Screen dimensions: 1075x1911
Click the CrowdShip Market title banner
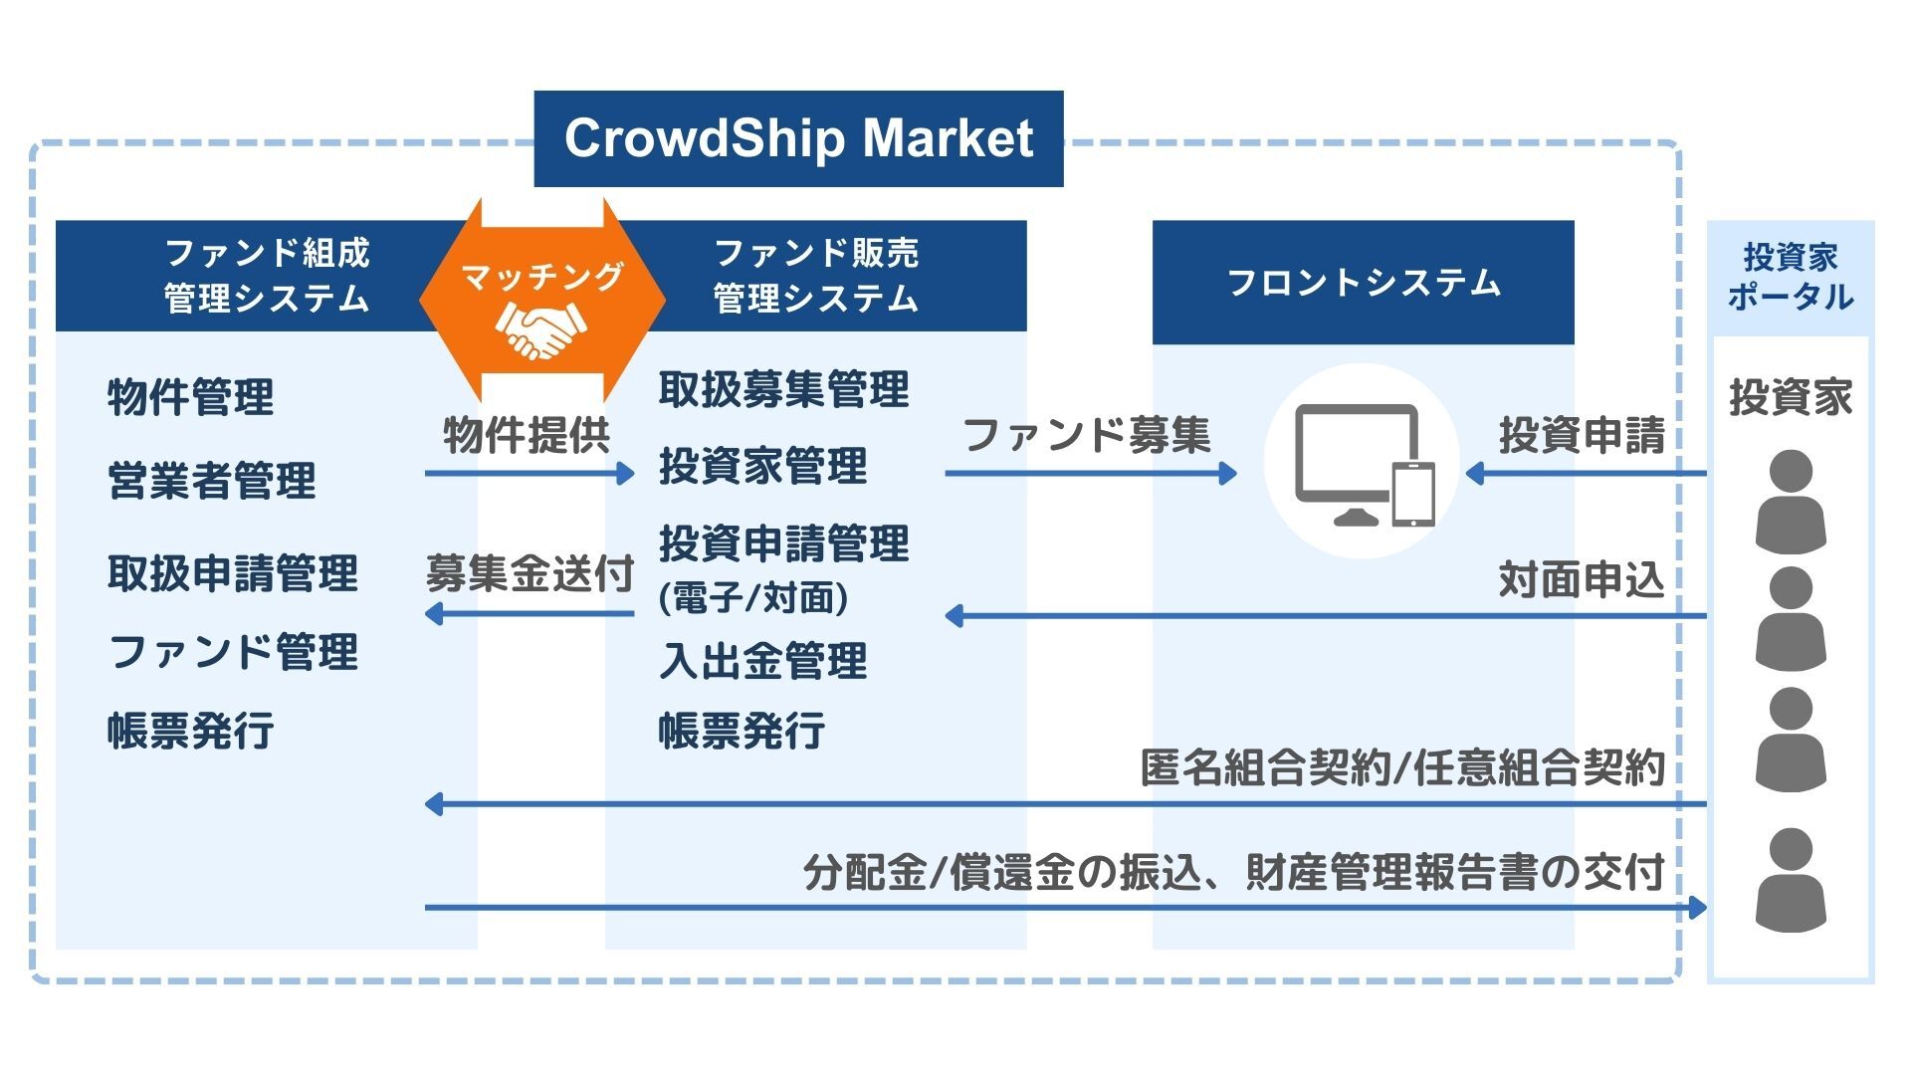pyautogui.click(x=798, y=138)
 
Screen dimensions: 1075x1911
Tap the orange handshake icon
pyautogui.click(x=540, y=330)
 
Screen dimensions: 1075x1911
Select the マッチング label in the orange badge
pyautogui.click(x=541, y=276)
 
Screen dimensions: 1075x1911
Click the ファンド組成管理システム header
pyautogui.click(x=266, y=276)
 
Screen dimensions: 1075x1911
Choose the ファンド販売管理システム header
pyautogui.click(x=816, y=276)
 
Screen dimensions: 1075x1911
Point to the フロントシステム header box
pyautogui.click(x=1363, y=283)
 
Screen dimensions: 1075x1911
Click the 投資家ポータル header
pyautogui.click(x=1790, y=277)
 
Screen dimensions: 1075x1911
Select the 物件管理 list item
pyautogui.click(x=190, y=397)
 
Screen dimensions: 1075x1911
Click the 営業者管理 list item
pyautogui.click(x=211, y=481)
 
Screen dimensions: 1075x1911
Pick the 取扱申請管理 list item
pyautogui.click(x=232, y=573)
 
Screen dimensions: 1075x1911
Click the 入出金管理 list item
pyautogui.click(x=763, y=661)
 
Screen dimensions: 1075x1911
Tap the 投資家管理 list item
pyautogui.click(x=763, y=466)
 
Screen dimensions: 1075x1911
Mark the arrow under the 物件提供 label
pyautogui.click(x=530, y=474)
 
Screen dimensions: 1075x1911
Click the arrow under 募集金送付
pyautogui.click(x=530, y=613)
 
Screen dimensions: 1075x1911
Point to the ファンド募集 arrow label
pyautogui.click(x=1087, y=435)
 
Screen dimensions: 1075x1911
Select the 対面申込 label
pyautogui.click(x=1581, y=579)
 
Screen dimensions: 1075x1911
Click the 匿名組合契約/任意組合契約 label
pyautogui.click(x=1401, y=768)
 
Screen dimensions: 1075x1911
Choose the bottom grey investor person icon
pyautogui.click(x=1791, y=879)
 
